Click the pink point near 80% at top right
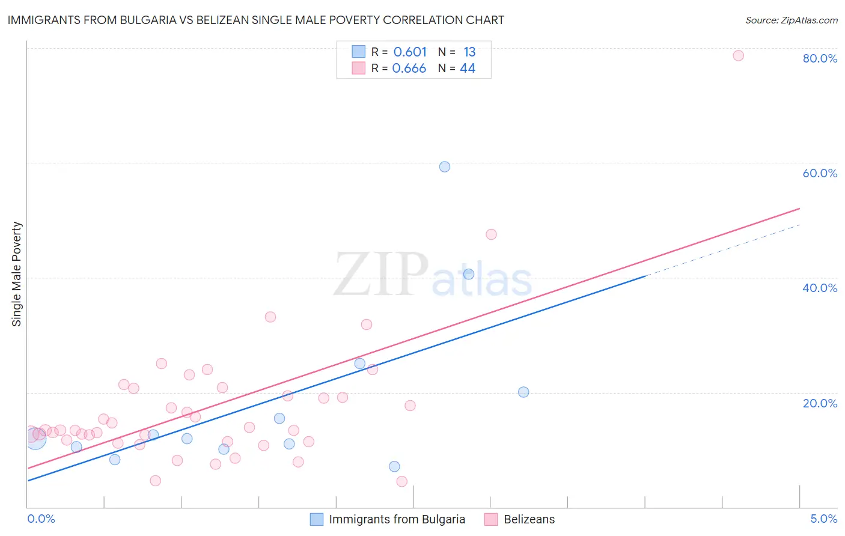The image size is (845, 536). pos(738,56)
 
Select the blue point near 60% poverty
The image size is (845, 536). pos(445,167)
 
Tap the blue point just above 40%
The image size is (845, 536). pos(469,274)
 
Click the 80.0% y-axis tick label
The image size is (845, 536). pos(820,58)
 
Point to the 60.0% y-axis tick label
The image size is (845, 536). pos(820,173)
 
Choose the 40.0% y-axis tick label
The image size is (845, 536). pos(820,288)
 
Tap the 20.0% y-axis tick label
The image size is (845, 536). pos(820,403)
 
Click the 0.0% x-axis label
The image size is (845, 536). pos(41,519)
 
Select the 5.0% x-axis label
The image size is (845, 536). pos(823,519)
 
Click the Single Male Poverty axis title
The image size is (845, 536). pos(17,274)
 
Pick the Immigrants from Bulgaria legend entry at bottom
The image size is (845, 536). pos(397,519)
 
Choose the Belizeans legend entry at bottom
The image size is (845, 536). pos(529,519)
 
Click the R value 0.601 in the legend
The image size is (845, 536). pos(410,52)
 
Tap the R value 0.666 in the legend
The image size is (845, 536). pos(409,69)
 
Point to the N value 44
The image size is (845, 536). pos(468,69)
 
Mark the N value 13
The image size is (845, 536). pos(469,52)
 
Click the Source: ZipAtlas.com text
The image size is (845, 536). pos(791,20)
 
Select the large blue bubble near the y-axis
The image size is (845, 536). pos(35,439)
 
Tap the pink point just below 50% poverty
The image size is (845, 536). pos(491,234)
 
